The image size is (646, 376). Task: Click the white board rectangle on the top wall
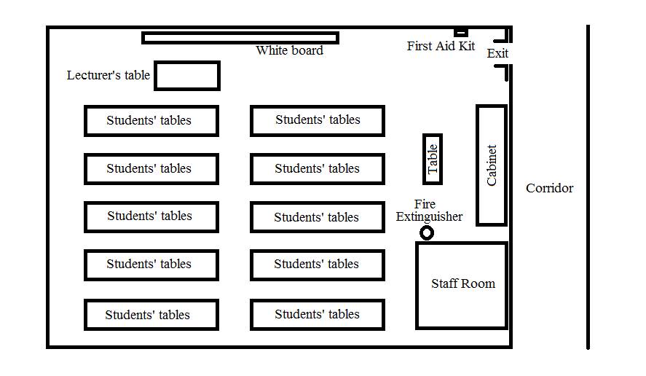tap(240, 38)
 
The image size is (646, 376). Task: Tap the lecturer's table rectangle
tap(187, 76)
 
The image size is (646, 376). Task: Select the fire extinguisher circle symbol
tap(427, 233)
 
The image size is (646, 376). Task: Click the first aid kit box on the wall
tap(460, 32)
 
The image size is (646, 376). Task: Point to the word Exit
tap(497, 53)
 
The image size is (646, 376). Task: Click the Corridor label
tap(549, 188)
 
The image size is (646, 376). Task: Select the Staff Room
tap(462, 285)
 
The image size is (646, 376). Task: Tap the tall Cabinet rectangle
tap(492, 165)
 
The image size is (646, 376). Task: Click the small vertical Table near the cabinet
tap(433, 159)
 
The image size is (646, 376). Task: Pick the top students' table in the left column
tap(151, 121)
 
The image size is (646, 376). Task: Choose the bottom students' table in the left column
tap(151, 315)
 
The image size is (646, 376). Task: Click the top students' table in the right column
tap(317, 120)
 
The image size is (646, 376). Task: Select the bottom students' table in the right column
tap(317, 315)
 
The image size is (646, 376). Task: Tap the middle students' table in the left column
tap(151, 217)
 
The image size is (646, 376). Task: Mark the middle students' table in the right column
tap(317, 217)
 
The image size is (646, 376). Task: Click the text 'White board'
tap(289, 51)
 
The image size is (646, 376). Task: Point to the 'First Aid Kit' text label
tap(441, 47)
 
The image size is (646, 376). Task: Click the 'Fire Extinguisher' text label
tap(429, 211)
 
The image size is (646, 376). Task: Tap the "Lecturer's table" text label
tap(109, 76)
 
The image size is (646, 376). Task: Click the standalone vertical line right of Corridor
tap(588, 187)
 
